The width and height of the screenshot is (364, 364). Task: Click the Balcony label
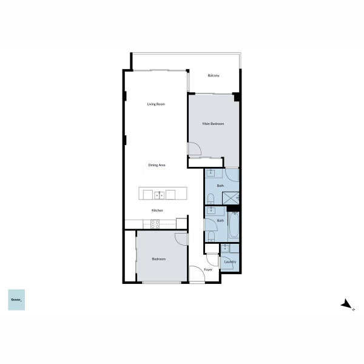[x=214, y=75]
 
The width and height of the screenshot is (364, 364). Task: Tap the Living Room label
[x=156, y=104]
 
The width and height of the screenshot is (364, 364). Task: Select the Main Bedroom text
[x=213, y=124]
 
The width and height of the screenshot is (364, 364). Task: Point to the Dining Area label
[x=157, y=165]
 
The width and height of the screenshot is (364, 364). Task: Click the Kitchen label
[x=157, y=211]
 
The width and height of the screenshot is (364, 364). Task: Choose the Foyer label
[x=208, y=269]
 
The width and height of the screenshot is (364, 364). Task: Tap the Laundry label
[x=230, y=261]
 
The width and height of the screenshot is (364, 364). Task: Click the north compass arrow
[x=346, y=304]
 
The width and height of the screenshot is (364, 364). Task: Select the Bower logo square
[x=16, y=300]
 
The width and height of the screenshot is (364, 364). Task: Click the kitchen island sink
[x=159, y=195]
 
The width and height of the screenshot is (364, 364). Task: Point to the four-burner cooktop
[x=155, y=224]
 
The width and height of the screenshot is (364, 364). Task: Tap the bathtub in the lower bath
[x=234, y=224]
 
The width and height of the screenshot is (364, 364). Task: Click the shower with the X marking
[x=231, y=198]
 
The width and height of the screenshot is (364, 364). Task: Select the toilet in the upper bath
[x=211, y=199]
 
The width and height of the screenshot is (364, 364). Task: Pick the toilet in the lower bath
[x=211, y=237]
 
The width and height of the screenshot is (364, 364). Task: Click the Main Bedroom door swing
[x=194, y=149]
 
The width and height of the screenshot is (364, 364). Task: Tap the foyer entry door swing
[x=197, y=274]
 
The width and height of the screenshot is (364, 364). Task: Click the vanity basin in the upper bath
[x=211, y=173]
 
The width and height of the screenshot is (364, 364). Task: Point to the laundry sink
[x=225, y=248]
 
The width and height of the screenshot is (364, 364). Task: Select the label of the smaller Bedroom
[x=159, y=259]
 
